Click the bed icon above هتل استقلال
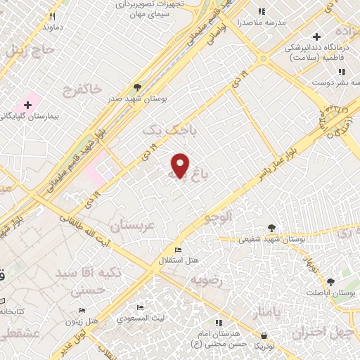(x=177, y=250)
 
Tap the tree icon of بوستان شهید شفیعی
(x=271, y=228)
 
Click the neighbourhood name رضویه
(x=207, y=280)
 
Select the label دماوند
(x=53, y=27)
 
